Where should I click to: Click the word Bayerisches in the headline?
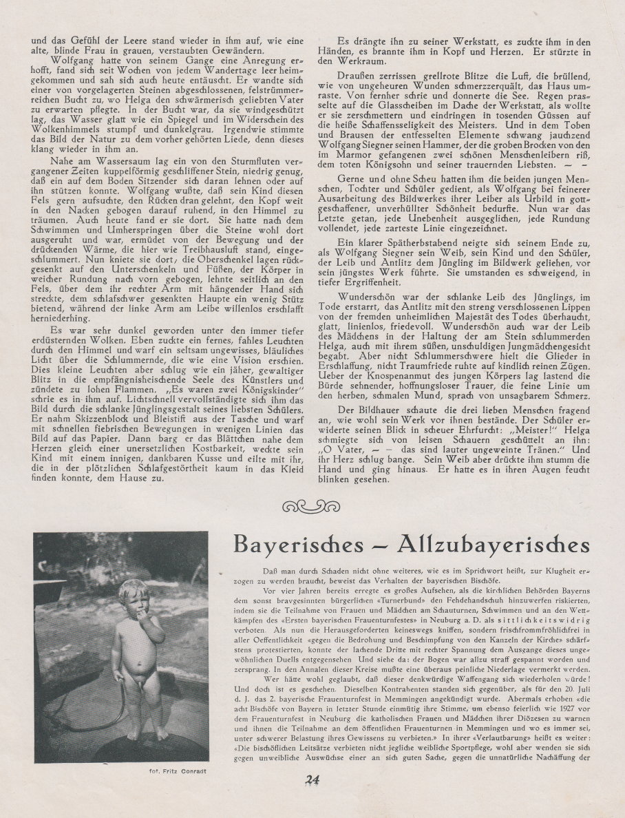pos(298,544)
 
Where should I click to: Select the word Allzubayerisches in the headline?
pos(494,544)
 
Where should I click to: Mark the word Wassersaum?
pos(106,180)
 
